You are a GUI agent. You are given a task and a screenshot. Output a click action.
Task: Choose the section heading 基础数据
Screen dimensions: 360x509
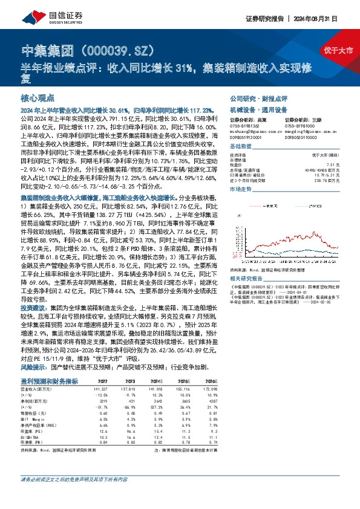coord(242,147)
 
